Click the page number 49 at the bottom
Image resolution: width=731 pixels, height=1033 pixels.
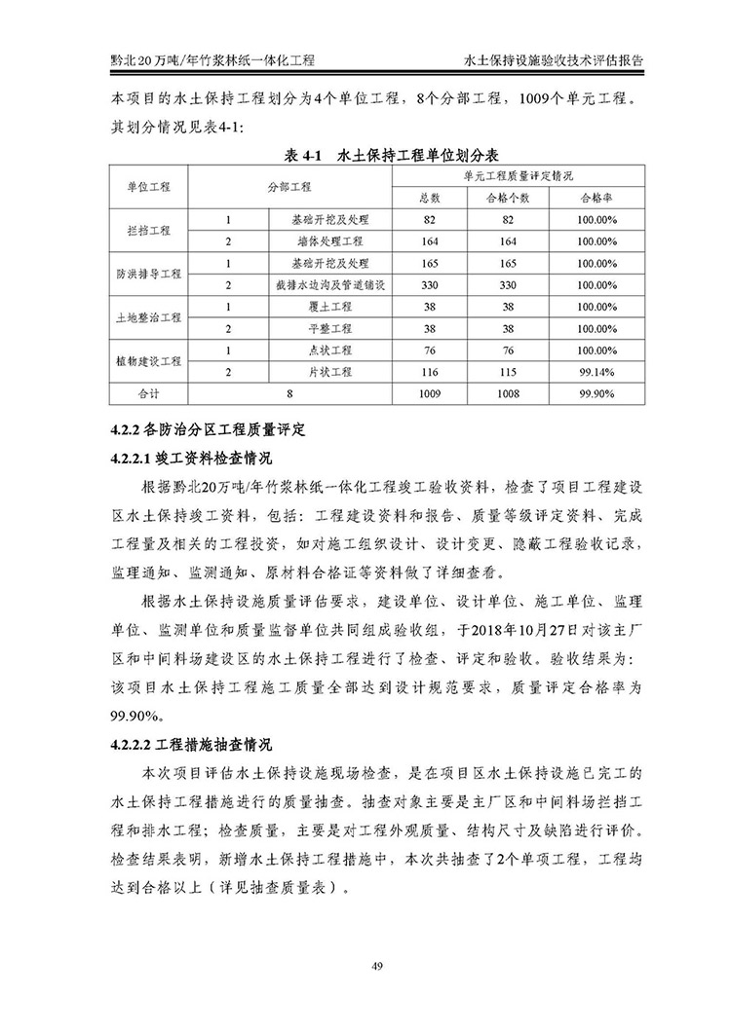pyautogui.click(x=365, y=967)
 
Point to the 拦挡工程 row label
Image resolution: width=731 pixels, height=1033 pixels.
pyautogui.click(x=148, y=231)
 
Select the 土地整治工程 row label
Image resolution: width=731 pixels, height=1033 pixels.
pyautogui.click(x=148, y=317)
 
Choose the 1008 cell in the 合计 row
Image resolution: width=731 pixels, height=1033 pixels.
pyautogui.click(x=507, y=395)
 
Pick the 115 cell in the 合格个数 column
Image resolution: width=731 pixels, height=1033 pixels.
pyautogui.click(x=507, y=372)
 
